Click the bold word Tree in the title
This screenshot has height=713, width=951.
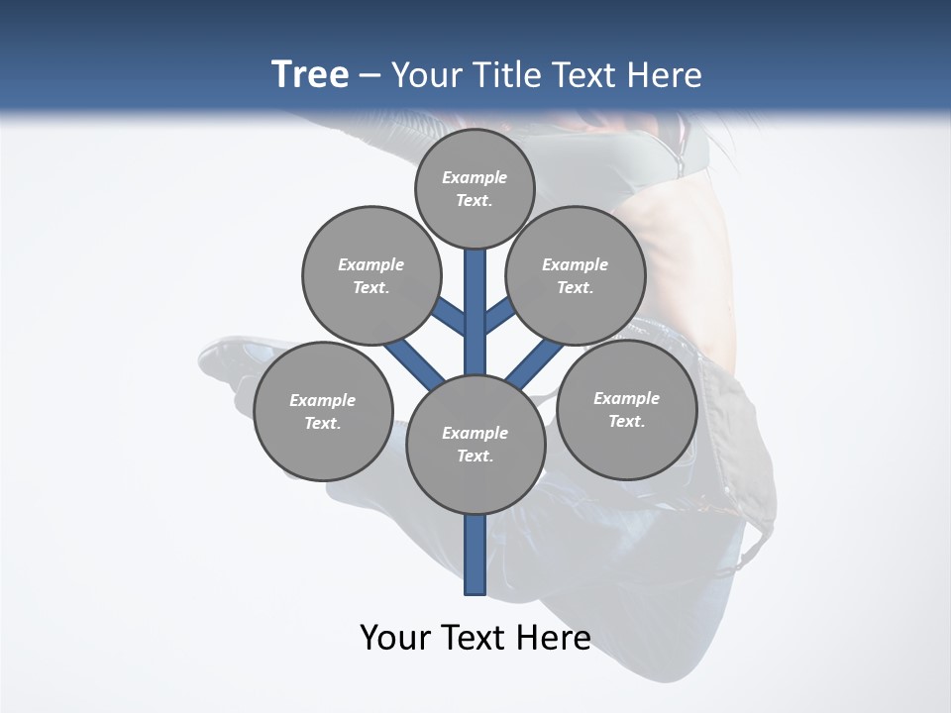[x=310, y=75]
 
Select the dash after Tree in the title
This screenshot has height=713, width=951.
[x=370, y=75]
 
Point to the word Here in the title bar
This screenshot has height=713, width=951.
[x=664, y=75]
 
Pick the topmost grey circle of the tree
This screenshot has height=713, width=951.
[x=475, y=188]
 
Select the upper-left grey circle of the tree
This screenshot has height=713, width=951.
[x=371, y=275]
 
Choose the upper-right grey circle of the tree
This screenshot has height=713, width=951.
[x=576, y=275]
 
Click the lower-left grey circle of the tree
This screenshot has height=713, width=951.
[x=323, y=411]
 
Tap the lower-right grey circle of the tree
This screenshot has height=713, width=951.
[x=626, y=409]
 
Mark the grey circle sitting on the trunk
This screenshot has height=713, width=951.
[x=475, y=444]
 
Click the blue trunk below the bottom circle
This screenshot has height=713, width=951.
[x=475, y=555]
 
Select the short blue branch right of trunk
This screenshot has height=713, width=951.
[x=499, y=316]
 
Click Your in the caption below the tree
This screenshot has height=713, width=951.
[x=394, y=638]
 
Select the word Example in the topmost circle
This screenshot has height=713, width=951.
[x=475, y=177]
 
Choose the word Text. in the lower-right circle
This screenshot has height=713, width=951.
[x=626, y=421]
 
